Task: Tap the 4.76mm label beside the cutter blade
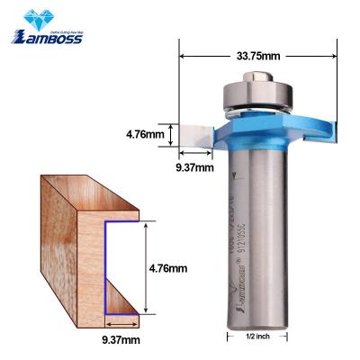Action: (145, 135)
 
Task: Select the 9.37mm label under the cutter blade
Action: (193, 166)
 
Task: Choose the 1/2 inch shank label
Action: (258, 336)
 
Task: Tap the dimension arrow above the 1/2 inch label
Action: (258, 326)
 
